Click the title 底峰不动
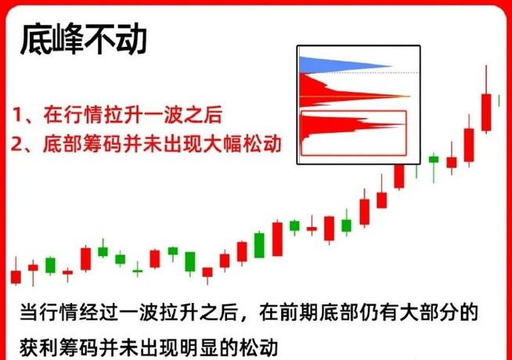(83, 39)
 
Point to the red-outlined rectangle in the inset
(354, 131)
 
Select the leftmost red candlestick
(16, 276)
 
